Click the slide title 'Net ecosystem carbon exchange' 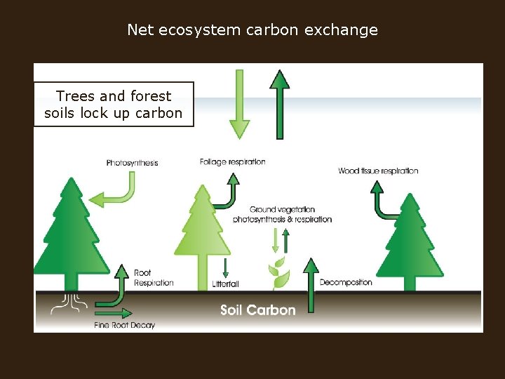(252, 30)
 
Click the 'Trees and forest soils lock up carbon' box (114, 105)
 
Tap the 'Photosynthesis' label (132, 163)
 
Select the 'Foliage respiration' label (232, 162)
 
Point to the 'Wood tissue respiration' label (378, 171)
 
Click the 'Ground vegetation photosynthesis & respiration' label (282, 214)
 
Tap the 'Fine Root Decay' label (124, 325)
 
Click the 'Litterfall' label (225, 284)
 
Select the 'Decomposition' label (346, 282)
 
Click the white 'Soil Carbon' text (257, 310)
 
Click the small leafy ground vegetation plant (279, 274)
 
